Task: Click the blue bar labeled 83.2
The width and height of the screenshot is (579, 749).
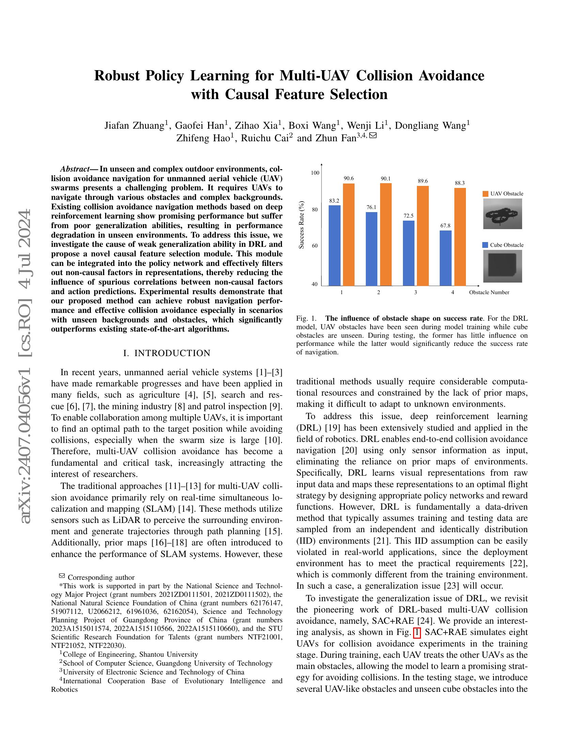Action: point(334,245)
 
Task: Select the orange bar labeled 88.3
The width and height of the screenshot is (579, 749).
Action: point(460,237)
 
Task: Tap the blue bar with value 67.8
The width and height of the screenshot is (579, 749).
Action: point(445,258)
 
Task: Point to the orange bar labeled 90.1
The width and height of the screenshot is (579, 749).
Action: point(386,234)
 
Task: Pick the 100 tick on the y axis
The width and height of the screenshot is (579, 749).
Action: point(315,173)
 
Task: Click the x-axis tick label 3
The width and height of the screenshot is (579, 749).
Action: point(416,292)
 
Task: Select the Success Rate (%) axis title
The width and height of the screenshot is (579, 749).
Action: point(301,224)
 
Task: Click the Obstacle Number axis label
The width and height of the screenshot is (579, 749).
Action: point(489,292)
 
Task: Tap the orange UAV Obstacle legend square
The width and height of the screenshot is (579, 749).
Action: point(485,194)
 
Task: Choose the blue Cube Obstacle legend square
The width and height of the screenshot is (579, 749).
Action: point(485,245)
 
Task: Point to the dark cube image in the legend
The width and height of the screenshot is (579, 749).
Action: point(502,266)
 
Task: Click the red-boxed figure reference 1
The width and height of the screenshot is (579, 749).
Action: point(417,633)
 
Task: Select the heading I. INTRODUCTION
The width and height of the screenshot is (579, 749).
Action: point(167,353)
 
